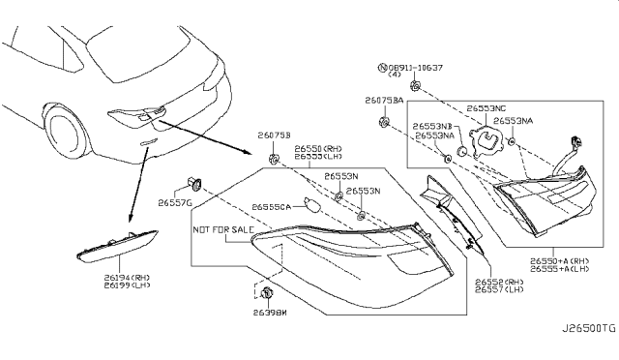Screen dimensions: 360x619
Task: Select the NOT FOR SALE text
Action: tap(225, 230)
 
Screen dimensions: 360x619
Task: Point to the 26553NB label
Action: tap(432, 127)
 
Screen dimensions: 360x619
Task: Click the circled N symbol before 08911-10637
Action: tap(377, 69)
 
